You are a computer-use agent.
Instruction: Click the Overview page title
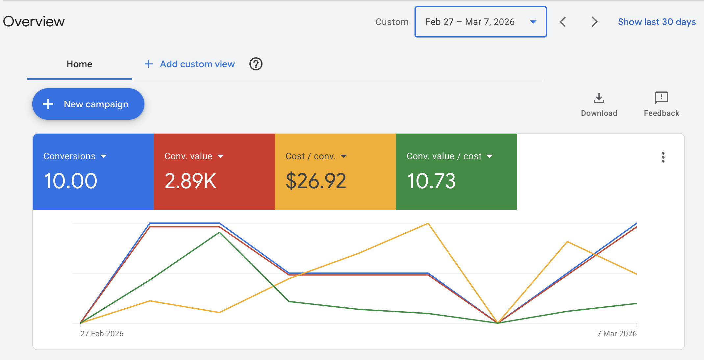(x=34, y=22)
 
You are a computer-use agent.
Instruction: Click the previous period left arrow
(x=563, y=22)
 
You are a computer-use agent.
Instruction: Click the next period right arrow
(x=594, y=22)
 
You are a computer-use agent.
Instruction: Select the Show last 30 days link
(x=657, y=22)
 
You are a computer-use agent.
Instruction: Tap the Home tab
(x=79, y=64)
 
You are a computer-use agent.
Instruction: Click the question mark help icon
(x=256, y=64)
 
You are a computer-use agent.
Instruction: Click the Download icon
(x=599, y=98)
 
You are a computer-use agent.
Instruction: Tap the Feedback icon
(x=661, y=98)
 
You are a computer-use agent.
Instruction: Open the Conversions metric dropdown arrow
(x=103, y=156)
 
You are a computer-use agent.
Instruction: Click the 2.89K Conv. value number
(x=190, y=181)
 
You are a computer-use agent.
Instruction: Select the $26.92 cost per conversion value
(x=316, y=181)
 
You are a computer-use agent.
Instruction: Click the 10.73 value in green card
(x=431, y=181)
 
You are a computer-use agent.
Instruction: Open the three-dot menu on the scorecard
(x=663, y=157)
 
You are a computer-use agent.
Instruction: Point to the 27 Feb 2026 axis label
(x=102, y=333)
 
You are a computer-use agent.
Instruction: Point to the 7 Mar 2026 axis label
(x=616, y=333)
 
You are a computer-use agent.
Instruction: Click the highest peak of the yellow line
(x=428, y=224)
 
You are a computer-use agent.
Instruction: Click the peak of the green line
(x=219, y=233)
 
